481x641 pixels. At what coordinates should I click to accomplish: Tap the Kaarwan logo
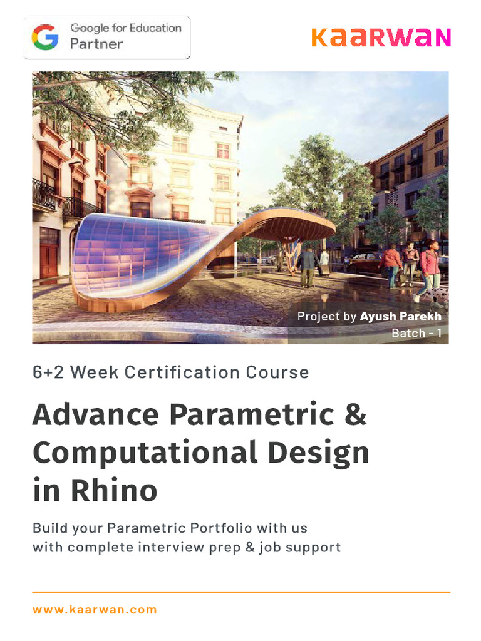(380, 38)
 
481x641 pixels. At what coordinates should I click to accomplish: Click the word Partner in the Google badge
(96, 44)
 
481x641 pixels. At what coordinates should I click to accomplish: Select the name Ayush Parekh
(400, 317)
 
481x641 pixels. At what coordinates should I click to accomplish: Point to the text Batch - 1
(416, 333)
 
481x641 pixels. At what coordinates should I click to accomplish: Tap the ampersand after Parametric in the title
(355, 414)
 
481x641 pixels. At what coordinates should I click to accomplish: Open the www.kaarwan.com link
(95, 610)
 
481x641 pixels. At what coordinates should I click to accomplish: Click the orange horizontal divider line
(240, 592)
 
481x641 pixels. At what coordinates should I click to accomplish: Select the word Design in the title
(319, 453)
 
